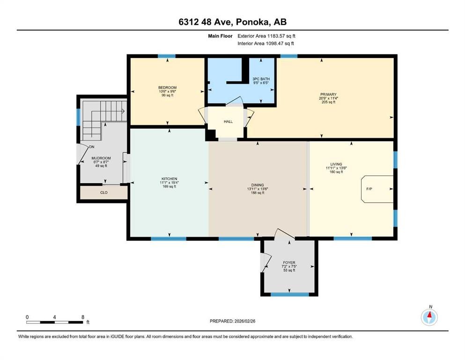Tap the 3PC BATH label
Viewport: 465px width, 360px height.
261,79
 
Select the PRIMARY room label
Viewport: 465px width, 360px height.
328,94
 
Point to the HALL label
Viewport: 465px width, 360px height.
228,122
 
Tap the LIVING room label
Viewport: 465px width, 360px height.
336,164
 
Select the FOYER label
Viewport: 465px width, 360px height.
288,263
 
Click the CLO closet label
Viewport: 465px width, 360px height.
103,192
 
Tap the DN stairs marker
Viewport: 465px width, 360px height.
92,147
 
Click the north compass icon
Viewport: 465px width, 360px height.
429,317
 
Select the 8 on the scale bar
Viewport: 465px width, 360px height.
83,317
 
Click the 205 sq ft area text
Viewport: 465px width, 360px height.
328,102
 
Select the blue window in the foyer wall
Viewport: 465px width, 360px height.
290,294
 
